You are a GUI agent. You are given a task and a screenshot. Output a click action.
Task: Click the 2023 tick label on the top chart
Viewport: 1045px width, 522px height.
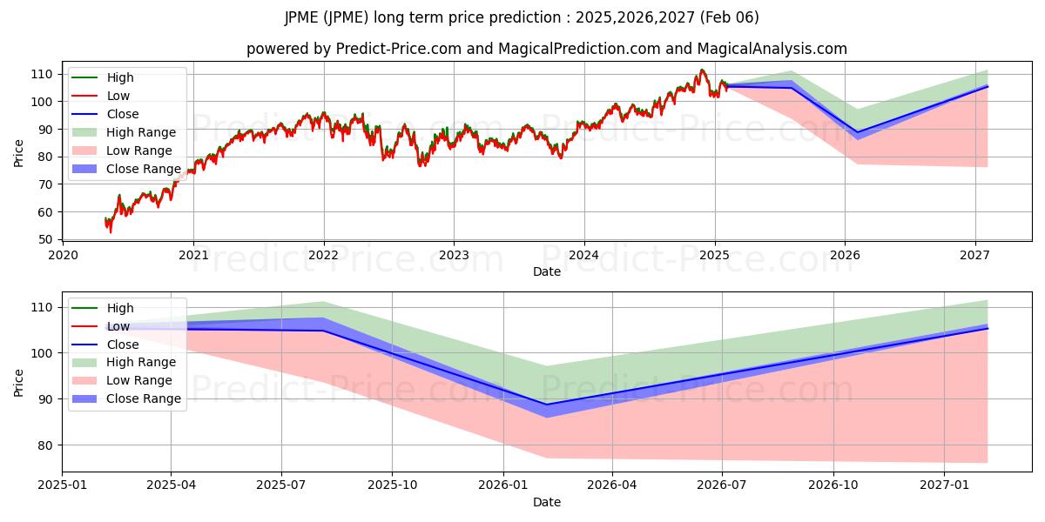[x=454, y=255]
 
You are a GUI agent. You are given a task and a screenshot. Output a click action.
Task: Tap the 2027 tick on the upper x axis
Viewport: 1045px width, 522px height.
[x=974, y=255]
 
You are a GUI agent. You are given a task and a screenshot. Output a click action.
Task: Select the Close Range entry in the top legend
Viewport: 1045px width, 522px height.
[x=144, y=169]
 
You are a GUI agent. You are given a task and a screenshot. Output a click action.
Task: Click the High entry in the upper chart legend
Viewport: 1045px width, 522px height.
[x=120, y=77]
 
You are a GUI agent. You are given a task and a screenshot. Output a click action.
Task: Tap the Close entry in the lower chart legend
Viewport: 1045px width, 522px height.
[x=123, y=345]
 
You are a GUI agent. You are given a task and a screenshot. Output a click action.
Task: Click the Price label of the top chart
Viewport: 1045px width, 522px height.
[x=19, y=153]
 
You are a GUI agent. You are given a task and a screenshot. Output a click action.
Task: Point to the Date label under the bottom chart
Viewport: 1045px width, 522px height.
[x=547, y=502]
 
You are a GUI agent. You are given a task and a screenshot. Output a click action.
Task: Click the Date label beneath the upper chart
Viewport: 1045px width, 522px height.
[x=547, y=271]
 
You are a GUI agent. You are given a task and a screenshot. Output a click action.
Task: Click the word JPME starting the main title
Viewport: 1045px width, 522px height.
[x=301, y=17]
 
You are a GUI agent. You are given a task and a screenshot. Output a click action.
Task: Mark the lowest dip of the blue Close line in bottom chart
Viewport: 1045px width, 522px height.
[x=547, y=405]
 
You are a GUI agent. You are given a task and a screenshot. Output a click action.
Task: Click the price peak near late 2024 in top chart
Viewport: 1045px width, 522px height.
[x=702, y=70]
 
